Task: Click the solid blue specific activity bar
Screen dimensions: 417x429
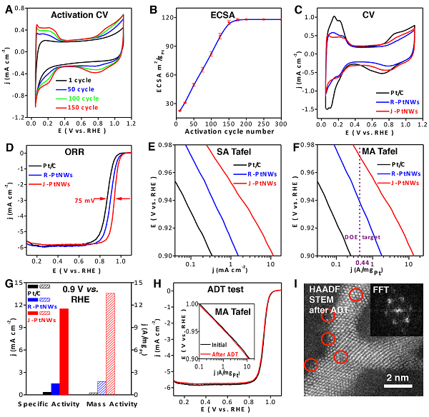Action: (x=55, y=388)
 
